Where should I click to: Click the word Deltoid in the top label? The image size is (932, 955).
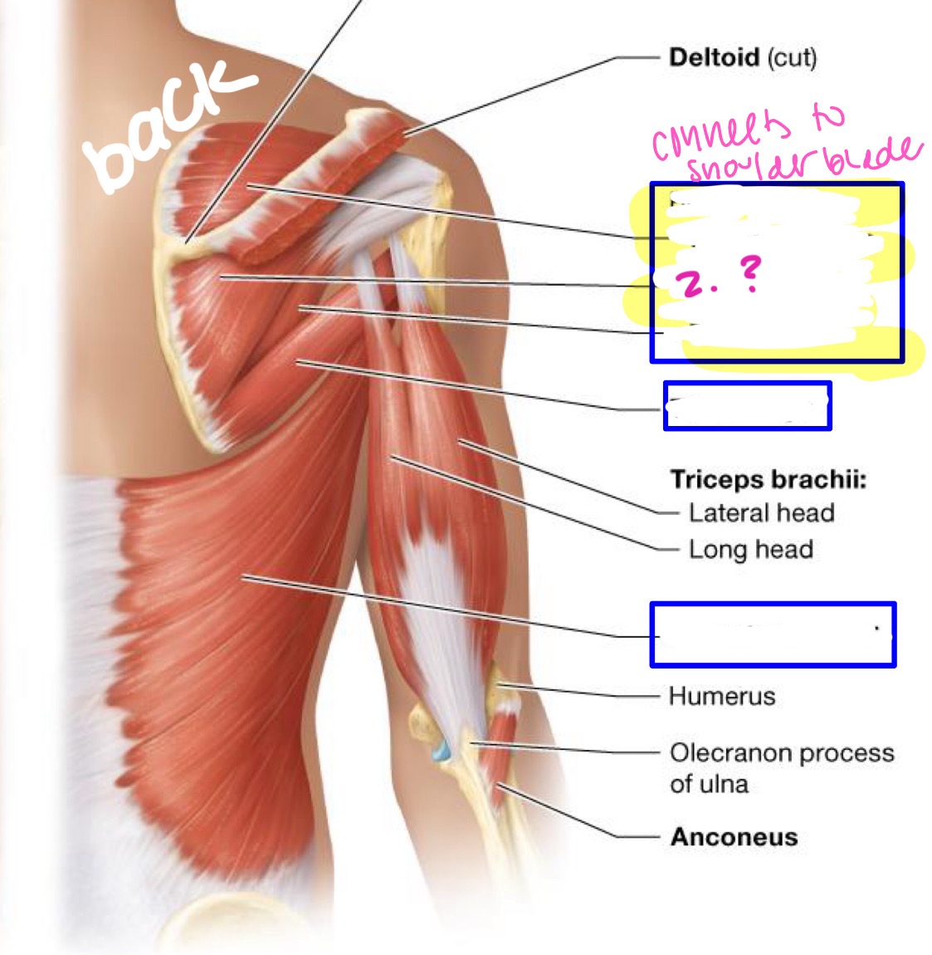[x=713, y=57]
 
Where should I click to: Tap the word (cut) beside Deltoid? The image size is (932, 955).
[x=792, y=57]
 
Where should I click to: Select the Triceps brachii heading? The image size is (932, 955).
[x=768, y=479]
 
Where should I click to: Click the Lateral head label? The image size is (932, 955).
[x=761, y=512]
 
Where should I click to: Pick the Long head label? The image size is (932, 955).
[x=750, y=549]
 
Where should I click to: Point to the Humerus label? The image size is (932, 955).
[x=721, y=696]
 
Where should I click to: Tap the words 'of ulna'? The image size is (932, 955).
[x=709, y=784]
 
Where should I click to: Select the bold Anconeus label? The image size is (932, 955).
[x=734, y=836]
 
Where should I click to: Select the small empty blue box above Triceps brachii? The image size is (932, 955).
[x=747, y=405]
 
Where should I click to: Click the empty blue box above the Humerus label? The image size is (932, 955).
[x=772, y=634]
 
